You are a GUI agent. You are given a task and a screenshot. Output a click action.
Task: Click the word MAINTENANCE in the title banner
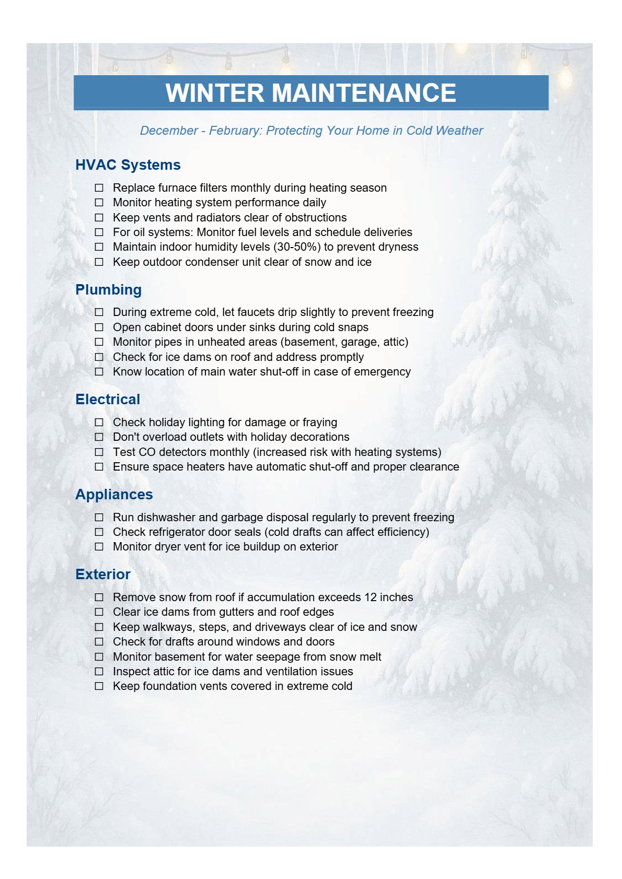coord(364,93)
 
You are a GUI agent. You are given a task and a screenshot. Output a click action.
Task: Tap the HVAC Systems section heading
coord(128,165)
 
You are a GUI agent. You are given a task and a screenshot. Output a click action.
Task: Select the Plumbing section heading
coord(109,290)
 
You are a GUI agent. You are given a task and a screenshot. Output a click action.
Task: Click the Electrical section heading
coord(108,400)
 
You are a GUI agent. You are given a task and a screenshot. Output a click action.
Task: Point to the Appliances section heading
coord(114,495)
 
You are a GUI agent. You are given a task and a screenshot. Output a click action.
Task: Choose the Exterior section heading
coord(103,575)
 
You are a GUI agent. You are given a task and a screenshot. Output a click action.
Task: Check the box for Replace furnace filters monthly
coord(99,187)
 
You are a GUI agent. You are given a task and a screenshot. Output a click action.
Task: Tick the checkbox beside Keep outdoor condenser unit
coord(99,262)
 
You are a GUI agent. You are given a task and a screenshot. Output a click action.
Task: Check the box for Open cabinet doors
coord(99,327)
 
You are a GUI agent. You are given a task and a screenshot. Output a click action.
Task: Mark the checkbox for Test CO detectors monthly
coord(99,452)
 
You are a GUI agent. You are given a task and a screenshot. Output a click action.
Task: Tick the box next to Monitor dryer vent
coord(99,547)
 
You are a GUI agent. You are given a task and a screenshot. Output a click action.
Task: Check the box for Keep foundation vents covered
coord(99,686)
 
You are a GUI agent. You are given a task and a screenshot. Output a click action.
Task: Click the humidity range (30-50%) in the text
coord(297,247)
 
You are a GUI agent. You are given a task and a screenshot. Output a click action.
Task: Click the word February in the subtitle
coord(235,131)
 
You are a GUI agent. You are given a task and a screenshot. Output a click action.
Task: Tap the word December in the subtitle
coord(169,131)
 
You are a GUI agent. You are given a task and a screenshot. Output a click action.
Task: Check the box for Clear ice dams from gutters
coord(99,612)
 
